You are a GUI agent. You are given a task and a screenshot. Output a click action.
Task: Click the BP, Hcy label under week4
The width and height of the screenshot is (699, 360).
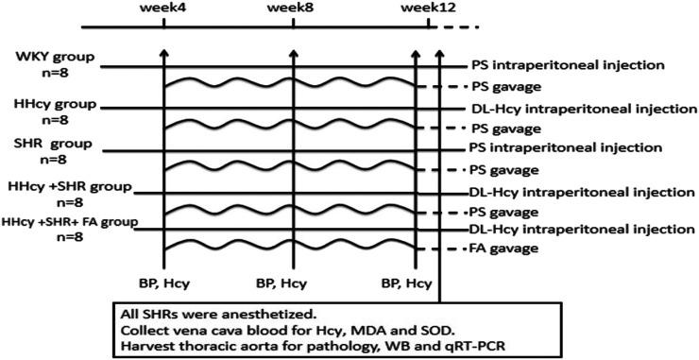[x=163, y=282]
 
